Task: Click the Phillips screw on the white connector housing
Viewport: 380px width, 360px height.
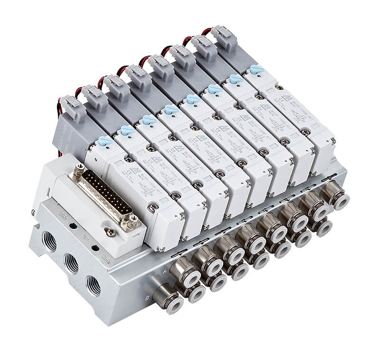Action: pyautogui.click(x=110, y=232)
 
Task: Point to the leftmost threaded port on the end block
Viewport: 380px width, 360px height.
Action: pyautogui.click(x=49, y=241)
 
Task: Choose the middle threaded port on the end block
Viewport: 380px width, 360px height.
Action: pyautogui.click(x=71, y=263)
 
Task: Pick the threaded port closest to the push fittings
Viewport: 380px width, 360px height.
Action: pyautogui.click(x=94, y=285)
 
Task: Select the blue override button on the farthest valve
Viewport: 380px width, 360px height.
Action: pyautogui.click(x=257, y=69)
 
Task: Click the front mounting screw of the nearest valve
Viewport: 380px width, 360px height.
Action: pyautogui.click(x=153, y=208)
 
